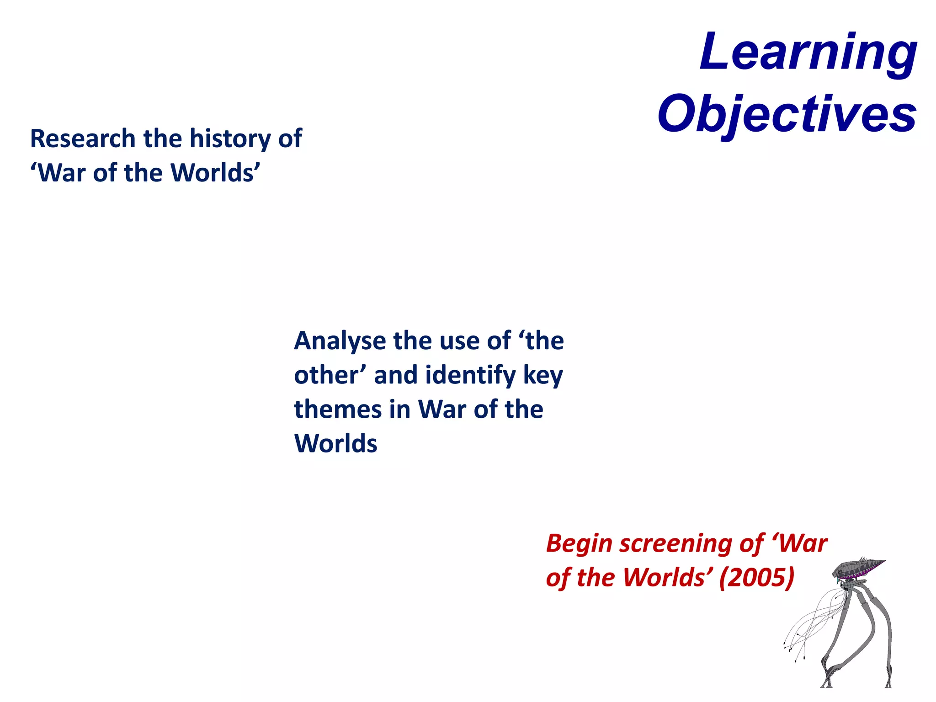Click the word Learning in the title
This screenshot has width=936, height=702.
click(808, 53)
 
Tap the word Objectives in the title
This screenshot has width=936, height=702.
click(787, 114)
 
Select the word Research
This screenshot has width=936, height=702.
click(83, 138)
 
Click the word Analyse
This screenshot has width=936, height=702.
click(340, 341)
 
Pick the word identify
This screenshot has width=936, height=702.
click(471, 375)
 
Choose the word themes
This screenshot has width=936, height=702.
click(338, 409)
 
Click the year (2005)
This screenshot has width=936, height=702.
click(757, 578)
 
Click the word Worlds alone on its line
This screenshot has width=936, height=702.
click(336, 443)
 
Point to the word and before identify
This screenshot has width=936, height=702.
click(396, 375)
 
